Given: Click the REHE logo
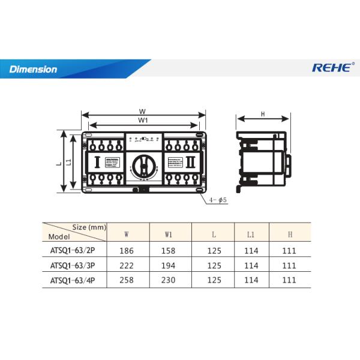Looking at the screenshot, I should [332, 68].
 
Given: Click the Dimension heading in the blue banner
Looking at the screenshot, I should [34, 69].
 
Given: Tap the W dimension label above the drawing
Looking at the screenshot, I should [142, 111].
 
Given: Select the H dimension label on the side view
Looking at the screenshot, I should [263, 114].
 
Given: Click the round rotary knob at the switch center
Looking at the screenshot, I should [143, 162].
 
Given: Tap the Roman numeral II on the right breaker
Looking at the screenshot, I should [190, 162].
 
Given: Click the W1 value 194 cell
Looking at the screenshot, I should [169, 265].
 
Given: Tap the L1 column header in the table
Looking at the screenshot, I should [251, 233].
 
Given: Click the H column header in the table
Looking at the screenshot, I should [290, 233].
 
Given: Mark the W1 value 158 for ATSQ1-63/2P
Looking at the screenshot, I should [169, 249].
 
